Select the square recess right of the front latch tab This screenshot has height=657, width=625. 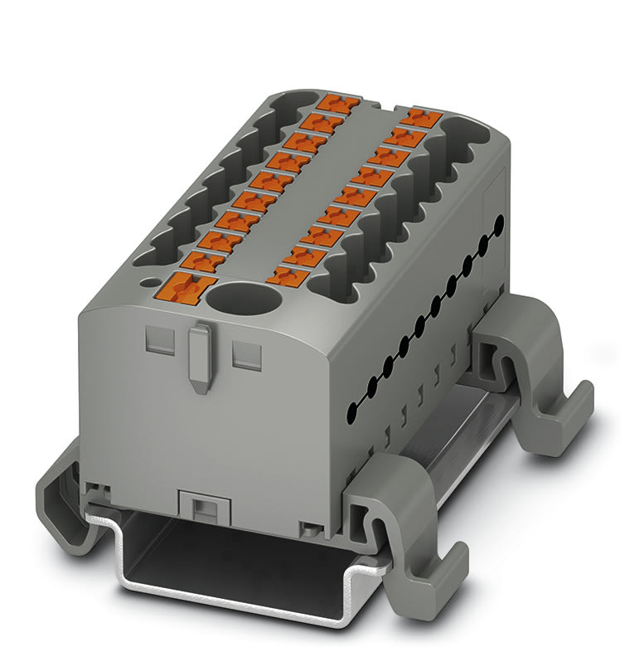(245, 354)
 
